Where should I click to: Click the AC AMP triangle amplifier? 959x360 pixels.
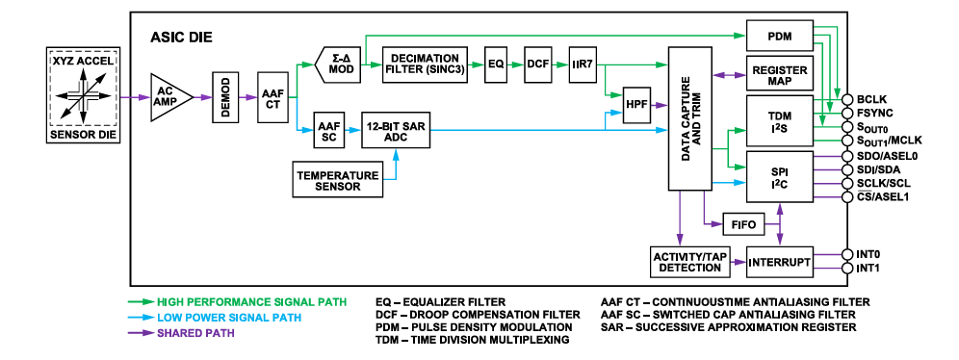[168, 96]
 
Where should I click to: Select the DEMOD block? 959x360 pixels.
[229, 97]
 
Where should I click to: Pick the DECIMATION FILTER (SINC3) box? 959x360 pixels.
[425, 64]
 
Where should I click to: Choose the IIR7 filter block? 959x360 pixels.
[583, 64]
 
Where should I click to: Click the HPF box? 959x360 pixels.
[637, 103]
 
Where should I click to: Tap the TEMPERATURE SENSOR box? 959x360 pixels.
[337, 179]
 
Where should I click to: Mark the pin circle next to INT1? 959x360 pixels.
[847, 268]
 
